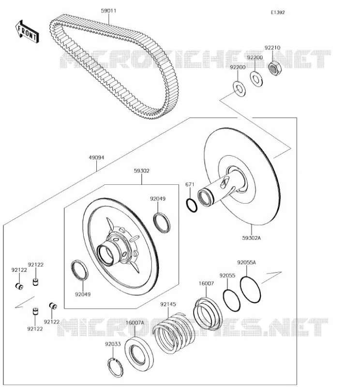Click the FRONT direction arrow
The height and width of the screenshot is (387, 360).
[x=27, y=32]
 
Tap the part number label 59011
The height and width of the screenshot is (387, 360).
[x=109, y=11]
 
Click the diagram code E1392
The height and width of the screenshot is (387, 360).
[x=278, y=13]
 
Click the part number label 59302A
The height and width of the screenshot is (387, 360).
[x=251, y=238]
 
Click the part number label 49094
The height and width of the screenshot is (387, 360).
[x=97, y=158]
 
